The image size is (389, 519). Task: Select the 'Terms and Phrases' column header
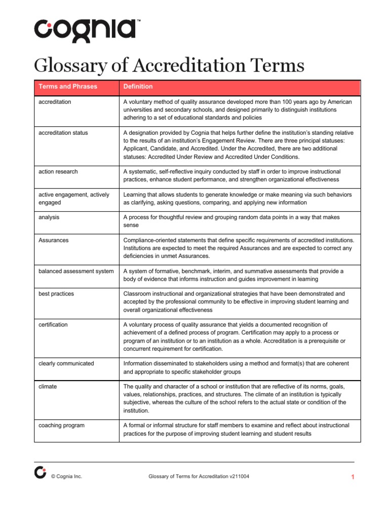point(68,87)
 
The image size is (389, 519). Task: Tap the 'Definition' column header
point(138,87)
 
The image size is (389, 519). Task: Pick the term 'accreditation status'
point(63,133)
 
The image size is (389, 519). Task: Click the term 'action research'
point(58,172)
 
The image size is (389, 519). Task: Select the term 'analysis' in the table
point(50,217)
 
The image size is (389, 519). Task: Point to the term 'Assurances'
point(53,240)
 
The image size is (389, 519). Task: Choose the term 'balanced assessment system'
point(76,271)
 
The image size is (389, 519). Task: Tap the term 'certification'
point(53,324)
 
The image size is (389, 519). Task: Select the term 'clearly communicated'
point(66,363)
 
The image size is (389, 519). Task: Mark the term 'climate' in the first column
point(48,386)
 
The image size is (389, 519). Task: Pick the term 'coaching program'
point(61,425)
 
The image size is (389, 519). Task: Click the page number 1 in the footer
point(352,477)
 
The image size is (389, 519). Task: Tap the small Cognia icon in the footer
point(40,472)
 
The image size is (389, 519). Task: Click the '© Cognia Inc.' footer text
point(66,477)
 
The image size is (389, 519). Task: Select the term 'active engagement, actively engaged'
point(74,199)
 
